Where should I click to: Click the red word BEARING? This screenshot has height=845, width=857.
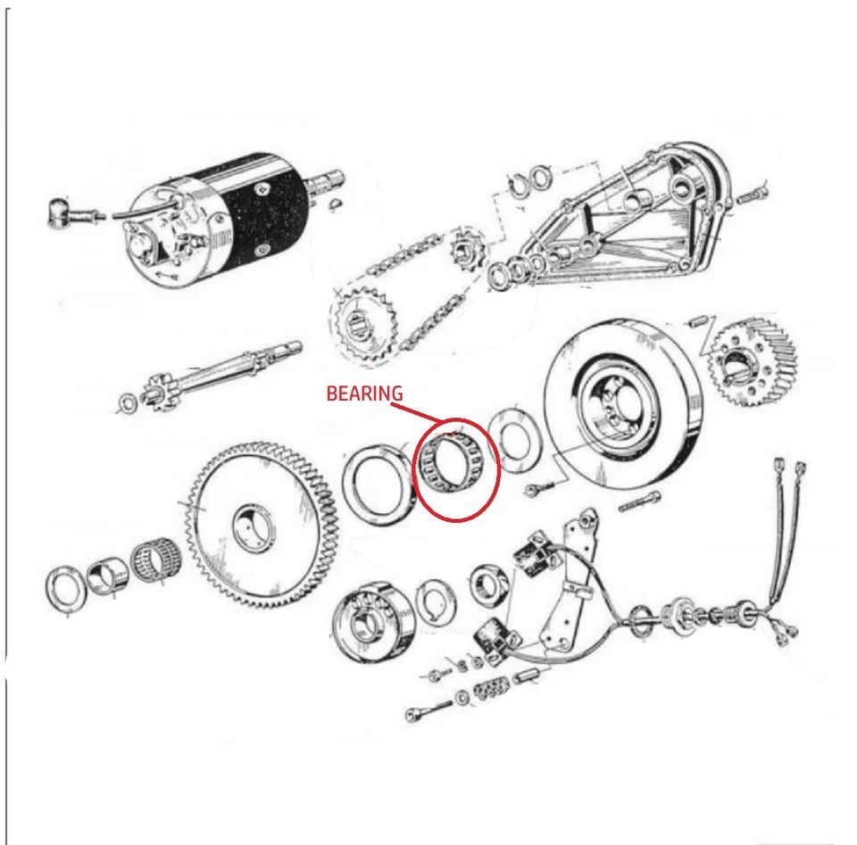click(x=364, y=394)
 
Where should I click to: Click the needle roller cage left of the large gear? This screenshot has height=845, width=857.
click(x=156, y=567)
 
